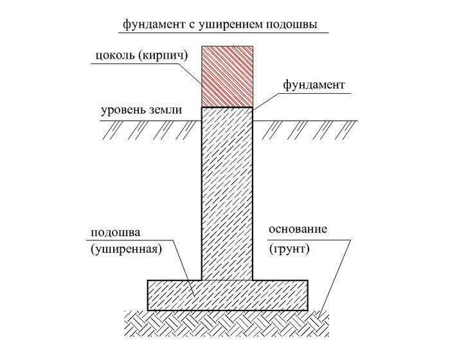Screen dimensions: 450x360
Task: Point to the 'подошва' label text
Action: point(118,232)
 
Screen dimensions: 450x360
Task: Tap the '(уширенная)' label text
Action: point(125,249)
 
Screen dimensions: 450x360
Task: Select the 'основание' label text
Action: point(299,230)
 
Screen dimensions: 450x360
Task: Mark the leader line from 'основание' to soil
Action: point(337,276)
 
